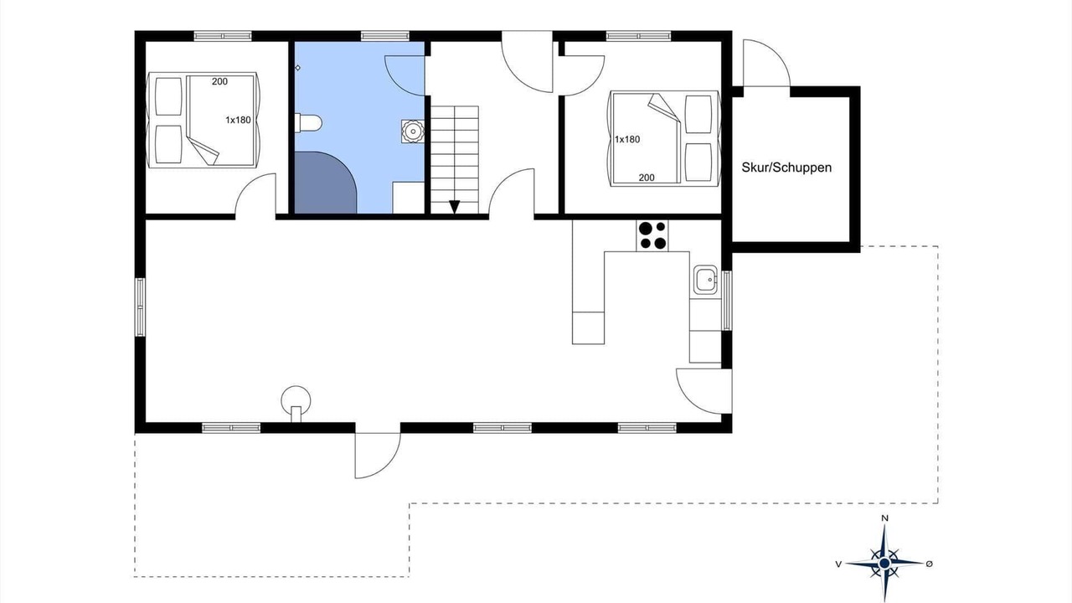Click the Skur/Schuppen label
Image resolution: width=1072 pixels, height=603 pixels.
(x=786, y=167)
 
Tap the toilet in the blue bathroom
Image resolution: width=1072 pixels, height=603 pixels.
(x=308, y=123)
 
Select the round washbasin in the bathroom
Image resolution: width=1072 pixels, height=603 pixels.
(x=412, y=131)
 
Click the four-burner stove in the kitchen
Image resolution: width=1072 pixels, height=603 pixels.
(x=652, y=235)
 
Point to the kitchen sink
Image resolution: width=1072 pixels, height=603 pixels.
(x=706, y=280)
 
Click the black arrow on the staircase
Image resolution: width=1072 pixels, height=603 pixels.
(x=454, y=207)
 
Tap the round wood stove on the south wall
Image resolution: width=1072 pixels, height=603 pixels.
(x=296, y=404)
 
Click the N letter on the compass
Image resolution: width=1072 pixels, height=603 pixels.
(x=885, y=518)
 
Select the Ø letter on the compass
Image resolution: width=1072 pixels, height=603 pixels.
(x=929, y=564)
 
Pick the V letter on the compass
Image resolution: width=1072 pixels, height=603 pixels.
(x=838, y=564)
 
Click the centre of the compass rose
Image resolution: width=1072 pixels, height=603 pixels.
(x=884, y=564)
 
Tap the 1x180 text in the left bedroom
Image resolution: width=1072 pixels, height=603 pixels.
(x=238, y=120)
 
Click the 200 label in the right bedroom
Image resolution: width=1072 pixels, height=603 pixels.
(x=647, y=178)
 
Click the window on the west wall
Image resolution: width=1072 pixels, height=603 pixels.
(x=140, y=307)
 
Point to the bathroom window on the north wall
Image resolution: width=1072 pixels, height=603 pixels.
(x=384, y=36)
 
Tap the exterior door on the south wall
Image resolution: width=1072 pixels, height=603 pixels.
(x=377, y=455)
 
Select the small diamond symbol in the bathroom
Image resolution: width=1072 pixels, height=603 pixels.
(x=297, y=68)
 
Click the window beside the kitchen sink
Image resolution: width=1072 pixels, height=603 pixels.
(x=726, y=301)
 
